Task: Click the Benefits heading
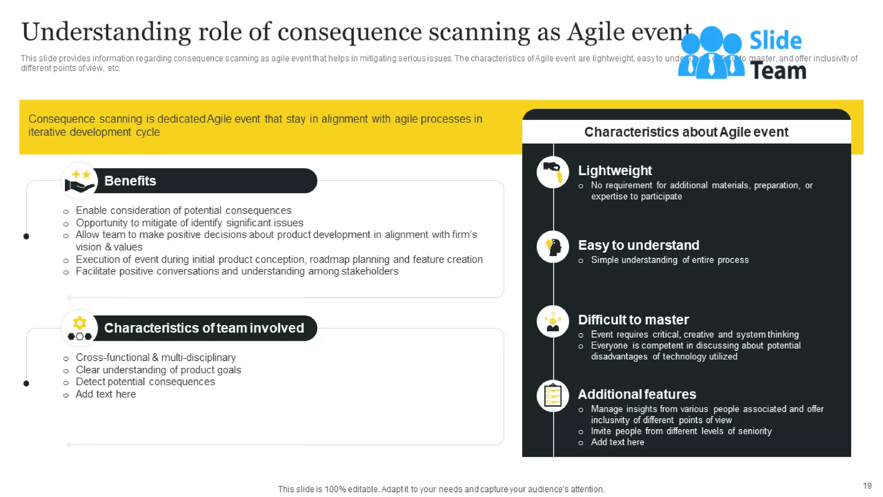[130, 181]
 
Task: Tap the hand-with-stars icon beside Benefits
[80, 181]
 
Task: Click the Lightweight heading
[614, 170]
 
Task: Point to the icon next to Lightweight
[553, 172]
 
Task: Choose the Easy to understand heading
[638, 245]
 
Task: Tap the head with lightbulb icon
[553, 247]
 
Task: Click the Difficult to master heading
[633, 320]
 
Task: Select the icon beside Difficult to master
[553, 321]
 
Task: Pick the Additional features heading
[636, 394]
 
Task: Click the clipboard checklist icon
[553, 396]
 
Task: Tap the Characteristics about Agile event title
[686, 132]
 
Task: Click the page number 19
[867, 486]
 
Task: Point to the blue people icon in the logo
[711, 53]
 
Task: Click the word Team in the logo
[778, 71]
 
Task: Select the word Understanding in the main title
[106, 32]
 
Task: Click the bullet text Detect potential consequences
[145, 382]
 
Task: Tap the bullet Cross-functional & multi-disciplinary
[156, 358]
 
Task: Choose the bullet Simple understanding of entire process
[670, 260]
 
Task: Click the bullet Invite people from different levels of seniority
[681, 431]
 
